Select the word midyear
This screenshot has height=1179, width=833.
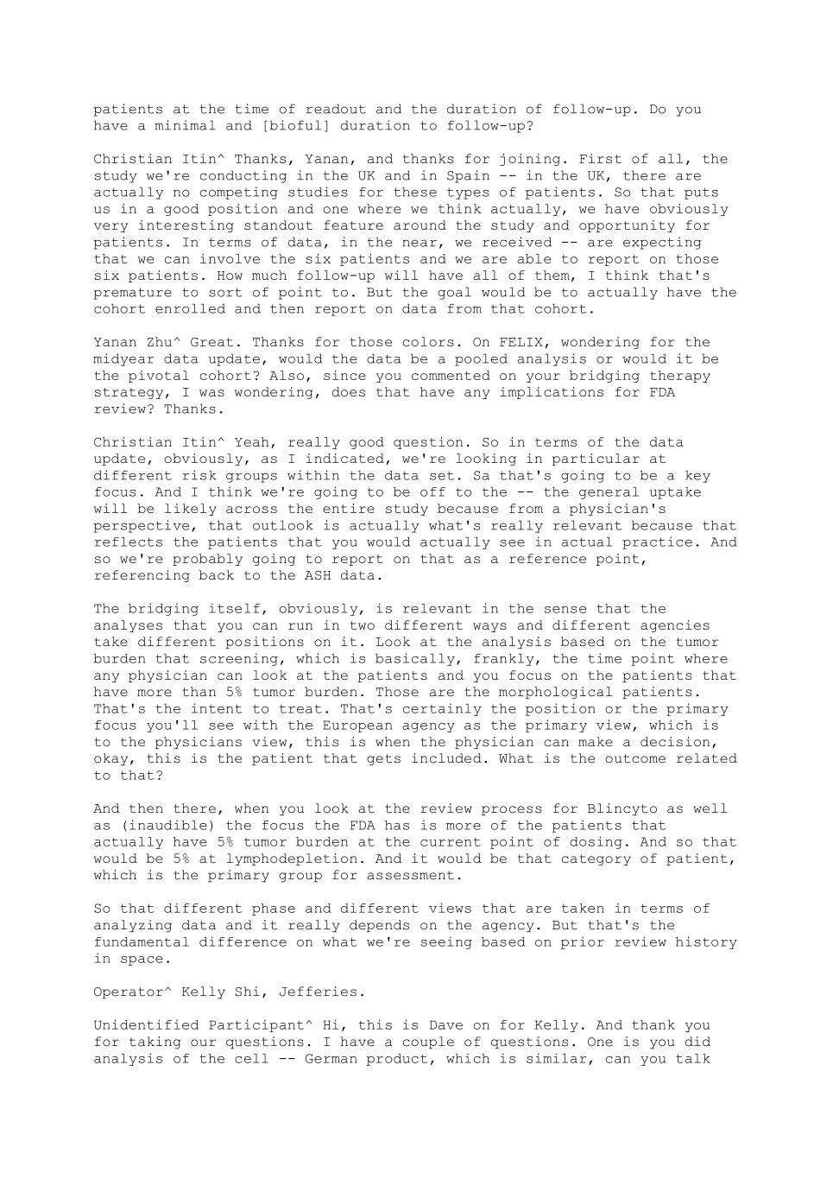(x=124, y=359)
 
